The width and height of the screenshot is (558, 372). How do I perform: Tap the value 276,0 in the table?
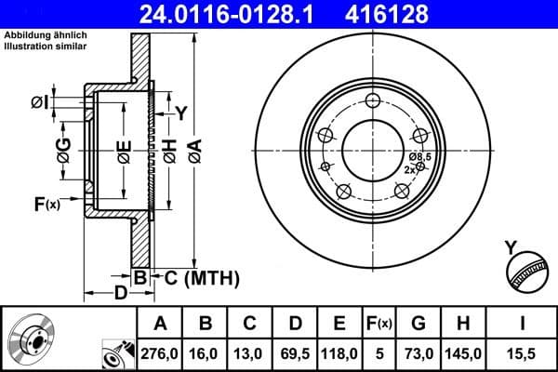[x=161, y=354]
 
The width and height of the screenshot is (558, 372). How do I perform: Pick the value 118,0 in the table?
[x=339, y=354]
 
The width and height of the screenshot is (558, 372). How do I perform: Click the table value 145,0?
[x=462, y=354]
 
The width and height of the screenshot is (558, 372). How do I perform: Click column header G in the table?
[x=418, y=324]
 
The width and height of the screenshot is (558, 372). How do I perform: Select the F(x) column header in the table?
[x=379, y=324]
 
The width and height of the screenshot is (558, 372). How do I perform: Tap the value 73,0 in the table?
[x=418, y=354]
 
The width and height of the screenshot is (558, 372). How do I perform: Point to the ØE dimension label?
[x=124, y=148]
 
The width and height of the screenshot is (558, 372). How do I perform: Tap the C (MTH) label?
[x=195, y=277]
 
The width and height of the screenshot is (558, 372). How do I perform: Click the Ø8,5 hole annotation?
[x=419, y=157]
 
